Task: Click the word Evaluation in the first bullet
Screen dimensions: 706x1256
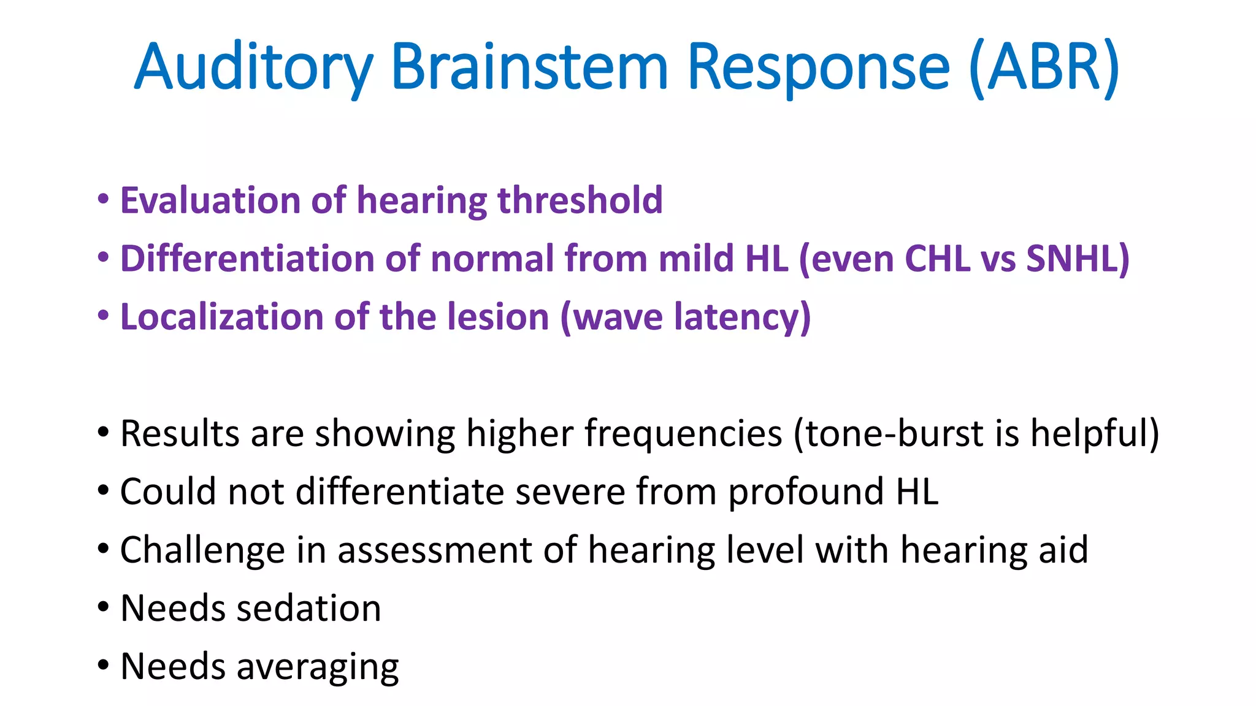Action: [x=210, y=200]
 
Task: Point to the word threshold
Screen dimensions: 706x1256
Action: [x=580, y=200]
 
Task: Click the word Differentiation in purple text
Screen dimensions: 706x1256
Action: [x=247, y=259]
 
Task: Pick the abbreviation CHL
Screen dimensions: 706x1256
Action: [x=936, y=259]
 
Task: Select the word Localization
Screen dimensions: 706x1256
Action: [x=221, y=317]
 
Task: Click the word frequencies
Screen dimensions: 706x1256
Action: [x=683, y=433]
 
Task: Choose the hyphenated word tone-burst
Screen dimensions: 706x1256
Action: [x=889, y=433]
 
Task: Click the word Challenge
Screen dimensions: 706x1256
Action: [x=202, y=550]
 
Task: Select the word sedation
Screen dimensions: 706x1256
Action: [x=308, y=608]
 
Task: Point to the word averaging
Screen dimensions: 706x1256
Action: [x=318, y=667]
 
